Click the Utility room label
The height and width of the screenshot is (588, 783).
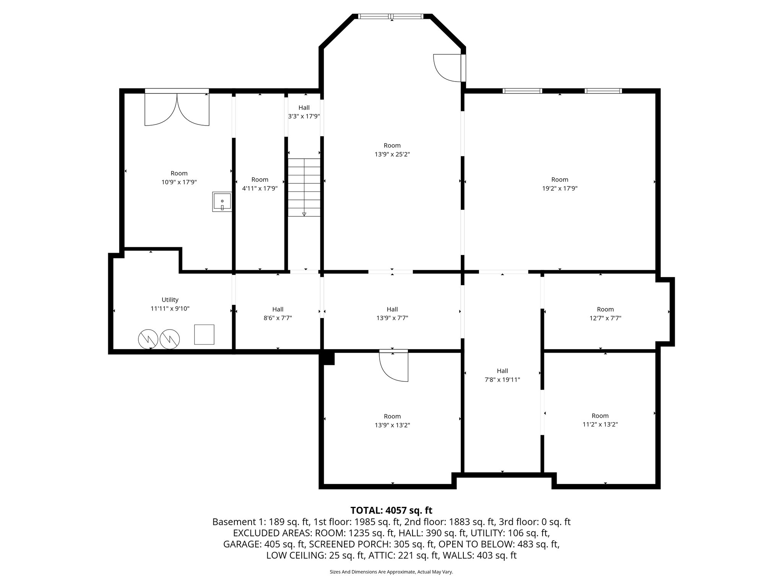pyautogui.click(x=170, y=300)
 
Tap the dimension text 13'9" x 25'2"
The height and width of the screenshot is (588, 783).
pyautogui.click(x=392, y=154)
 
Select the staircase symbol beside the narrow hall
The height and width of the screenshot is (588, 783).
pyautogui.click(x=304, y=187)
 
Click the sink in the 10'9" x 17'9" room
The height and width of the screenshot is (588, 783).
pyautogui.click(x=222, y=202)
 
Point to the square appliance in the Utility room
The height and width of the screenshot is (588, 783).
pyautogui.click(x=204, y=334)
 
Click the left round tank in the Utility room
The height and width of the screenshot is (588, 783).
pyautogui.click(x=148, y=339)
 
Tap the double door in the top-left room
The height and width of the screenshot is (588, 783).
pyautogui.click(x=177, y=109)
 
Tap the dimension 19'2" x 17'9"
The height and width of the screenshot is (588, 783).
pyautogui.click(x=559, y=188)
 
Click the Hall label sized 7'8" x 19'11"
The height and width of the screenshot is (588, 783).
pyautogui.click(x=502, y=371)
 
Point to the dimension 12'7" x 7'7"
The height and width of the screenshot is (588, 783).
pyautogui.click(x=605, y=318)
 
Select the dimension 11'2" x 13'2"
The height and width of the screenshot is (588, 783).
pyautogui.click(x=600, y=424)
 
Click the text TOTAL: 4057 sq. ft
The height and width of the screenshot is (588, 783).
pyautogui.click(x=391, y=510)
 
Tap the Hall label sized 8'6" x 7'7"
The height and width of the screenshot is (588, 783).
pyautogui.click(x=278, y=309)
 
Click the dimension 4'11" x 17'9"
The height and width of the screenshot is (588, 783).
pyautogui.click(x=260, y=188)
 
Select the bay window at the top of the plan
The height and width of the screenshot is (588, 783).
pyautogui.click(x=391, y=16)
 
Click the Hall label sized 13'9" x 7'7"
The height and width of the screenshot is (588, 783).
pyautogui.click(x=392, y=309)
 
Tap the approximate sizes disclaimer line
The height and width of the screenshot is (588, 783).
pyautogui.click(x=391, y=572)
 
